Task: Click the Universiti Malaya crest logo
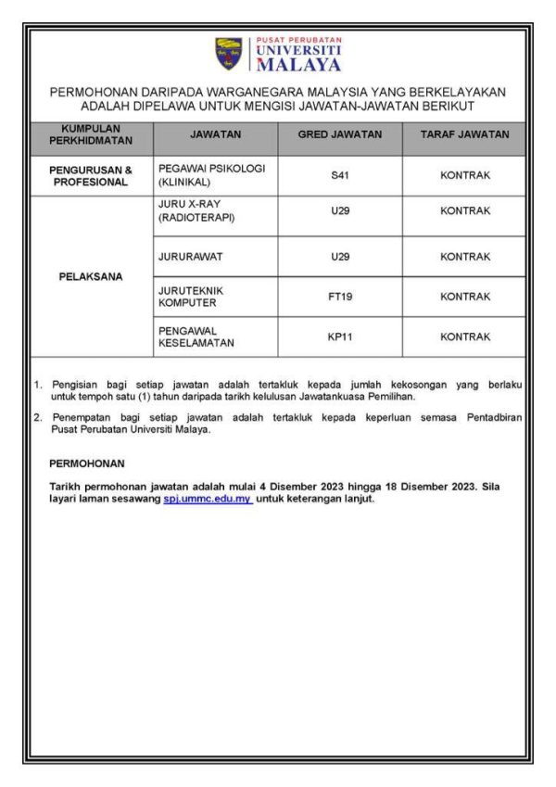pos(229,55)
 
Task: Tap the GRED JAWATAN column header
pos(339,135)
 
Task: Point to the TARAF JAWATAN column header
pos(464,135)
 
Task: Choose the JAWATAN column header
pos(215,135)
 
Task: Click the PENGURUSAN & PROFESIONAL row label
pos(91,175)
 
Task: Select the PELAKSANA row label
pos(91,276)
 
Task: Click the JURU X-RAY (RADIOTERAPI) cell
pos(196,210)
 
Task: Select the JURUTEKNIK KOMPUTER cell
pos(192,297)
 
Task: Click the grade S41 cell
pos(339,175)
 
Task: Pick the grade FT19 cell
pos(339,297)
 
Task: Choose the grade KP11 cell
pos(339,337)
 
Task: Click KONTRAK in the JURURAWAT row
pos(464,256)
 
